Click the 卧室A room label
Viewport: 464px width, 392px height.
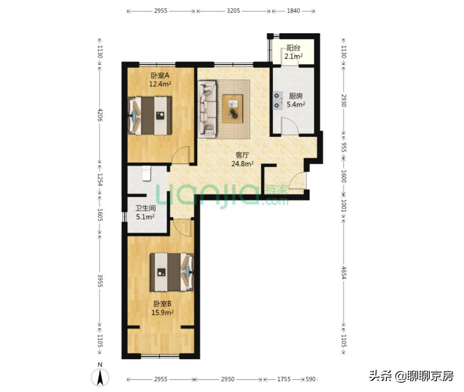(160, 75)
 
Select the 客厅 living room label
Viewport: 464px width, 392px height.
(242, 156)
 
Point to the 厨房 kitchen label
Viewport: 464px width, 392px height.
(295, 96)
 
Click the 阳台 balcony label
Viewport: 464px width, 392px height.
(293, 48)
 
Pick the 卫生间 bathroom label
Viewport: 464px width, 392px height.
(145, 208)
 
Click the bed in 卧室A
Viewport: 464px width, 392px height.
(150, 116)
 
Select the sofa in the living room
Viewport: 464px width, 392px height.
(207, 109)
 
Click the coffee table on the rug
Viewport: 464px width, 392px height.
(233, 109)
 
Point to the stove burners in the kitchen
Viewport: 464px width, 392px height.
(278, 100)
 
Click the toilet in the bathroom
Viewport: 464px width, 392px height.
(146, 173)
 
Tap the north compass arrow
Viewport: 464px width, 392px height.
(100, 377)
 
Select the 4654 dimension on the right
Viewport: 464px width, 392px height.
(344, 273)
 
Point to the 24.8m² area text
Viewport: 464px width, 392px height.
(242, 164)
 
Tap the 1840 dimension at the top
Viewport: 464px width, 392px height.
(294, 10)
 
